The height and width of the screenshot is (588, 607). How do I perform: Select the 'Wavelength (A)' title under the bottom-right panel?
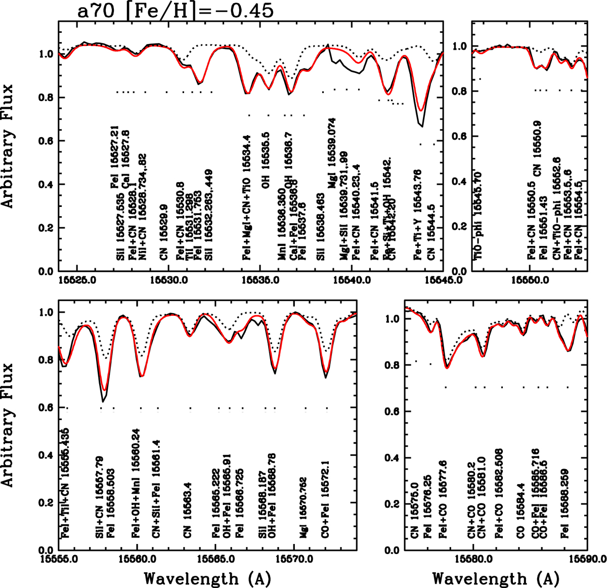pos(496,578)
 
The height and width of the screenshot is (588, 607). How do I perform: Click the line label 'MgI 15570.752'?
pos(303,514)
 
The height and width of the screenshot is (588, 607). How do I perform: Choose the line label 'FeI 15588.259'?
pos(564,511)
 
